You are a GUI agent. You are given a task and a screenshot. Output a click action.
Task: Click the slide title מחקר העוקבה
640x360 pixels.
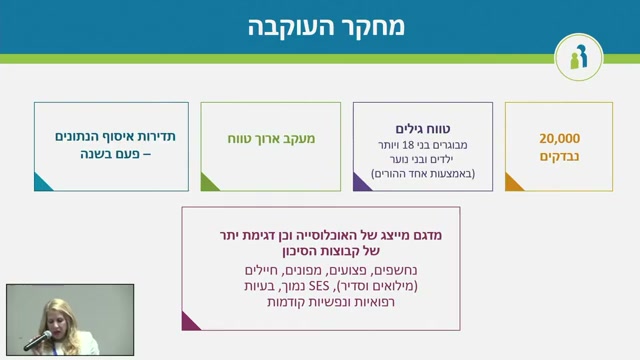pyautogui.click(x=326, y=27)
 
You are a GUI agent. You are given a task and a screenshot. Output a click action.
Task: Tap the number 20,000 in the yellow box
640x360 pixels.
pyautogui.click(x=559, y=138)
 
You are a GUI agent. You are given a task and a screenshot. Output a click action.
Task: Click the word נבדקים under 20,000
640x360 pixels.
pyautogui.click(x=559, y=156)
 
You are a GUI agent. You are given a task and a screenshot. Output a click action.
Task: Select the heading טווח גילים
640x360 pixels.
pyautogui.click(x=422, y=129)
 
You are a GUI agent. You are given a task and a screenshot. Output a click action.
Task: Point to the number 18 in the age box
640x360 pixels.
pyautogui.click(x=408, y=145)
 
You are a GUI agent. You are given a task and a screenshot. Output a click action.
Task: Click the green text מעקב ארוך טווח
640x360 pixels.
pyautogui.click(x=271, y=139)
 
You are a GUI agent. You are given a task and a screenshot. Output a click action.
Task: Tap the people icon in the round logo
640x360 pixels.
pyautogui.click(x=578, y=57)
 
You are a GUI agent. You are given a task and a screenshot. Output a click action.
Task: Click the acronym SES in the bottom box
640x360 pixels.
pyautogui.click(x=319, y=286)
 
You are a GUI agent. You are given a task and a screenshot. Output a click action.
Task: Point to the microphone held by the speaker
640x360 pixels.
pyautogui.click(x=38, y=341)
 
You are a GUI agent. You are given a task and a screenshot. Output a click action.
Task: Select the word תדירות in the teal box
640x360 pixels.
pyautogui.click(x=157, y=136)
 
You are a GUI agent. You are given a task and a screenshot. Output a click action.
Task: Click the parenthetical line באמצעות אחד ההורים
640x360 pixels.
pyautogui.click(x=423, y=173)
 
